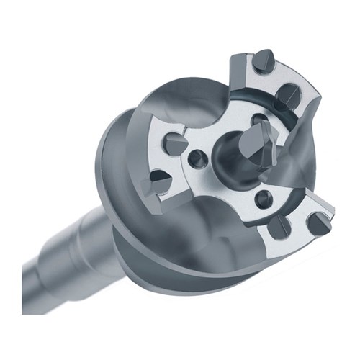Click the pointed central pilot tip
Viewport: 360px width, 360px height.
[261, 145]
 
